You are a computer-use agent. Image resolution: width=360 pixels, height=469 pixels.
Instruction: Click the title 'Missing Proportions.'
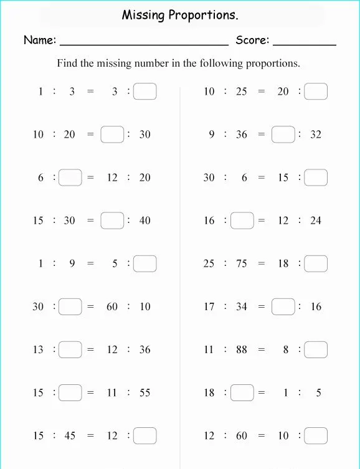coord(180,15)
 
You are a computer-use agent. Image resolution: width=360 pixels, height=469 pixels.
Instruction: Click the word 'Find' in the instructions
coord(68,64)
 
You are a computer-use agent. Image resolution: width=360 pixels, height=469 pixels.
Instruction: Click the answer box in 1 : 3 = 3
coord(144,92)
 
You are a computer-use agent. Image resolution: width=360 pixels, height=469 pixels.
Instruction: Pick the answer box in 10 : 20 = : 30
coord(112,135)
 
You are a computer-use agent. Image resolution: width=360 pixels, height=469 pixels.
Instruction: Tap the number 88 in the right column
coord(241,350)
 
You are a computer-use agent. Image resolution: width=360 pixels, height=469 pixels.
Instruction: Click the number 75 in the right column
coord(241,264)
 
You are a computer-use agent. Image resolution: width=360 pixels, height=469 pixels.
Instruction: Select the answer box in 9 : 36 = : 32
coord(283,135)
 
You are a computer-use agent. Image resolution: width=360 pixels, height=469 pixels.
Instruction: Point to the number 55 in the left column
coord(144,393)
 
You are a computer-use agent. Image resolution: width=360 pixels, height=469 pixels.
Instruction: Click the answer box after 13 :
coord(70,350)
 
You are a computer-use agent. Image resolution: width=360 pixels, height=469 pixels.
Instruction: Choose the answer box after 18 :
coord(242,393)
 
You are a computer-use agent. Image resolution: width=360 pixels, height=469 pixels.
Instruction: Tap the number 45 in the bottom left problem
coord(70,436)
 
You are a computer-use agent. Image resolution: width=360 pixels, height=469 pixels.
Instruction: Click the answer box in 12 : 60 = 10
coord(316,436)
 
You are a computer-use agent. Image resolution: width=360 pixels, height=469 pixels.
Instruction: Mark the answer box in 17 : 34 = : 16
coord(283,307)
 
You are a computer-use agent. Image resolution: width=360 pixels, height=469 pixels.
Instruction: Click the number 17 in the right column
coord(209,307)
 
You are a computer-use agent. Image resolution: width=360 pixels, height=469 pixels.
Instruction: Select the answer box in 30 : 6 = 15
coord(316,178)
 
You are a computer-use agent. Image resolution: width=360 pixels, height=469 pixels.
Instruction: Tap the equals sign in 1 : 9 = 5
coord(90,264)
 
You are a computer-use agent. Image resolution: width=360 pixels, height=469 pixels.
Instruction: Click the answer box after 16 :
coord(242,220)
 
